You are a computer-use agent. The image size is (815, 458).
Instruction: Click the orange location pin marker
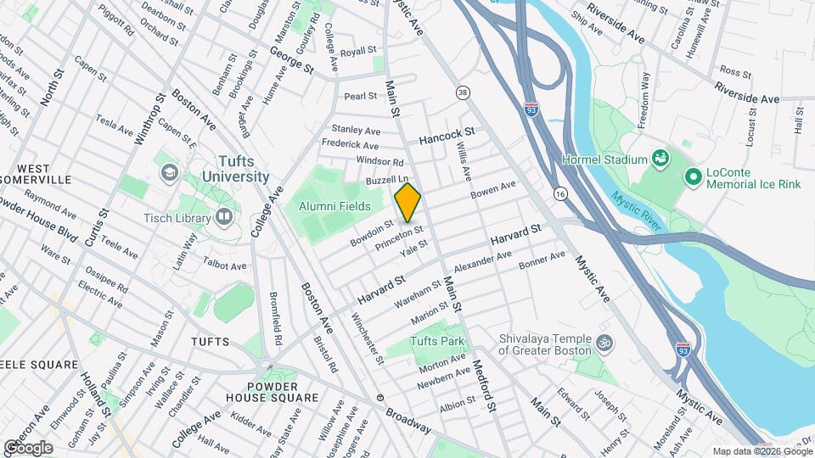[x=408, y=202]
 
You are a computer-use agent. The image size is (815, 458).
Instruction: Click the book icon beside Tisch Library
[x=224, y=216]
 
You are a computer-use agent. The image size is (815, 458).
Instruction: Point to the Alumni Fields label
[x=334, y=205]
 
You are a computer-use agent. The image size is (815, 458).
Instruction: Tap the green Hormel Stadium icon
[x=659, y=159]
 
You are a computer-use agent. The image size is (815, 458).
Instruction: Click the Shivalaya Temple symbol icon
[x=604, y=343]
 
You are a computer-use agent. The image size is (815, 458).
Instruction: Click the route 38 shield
[x=463, y=92]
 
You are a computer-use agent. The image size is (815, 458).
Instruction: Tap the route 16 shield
[x=560, y=194]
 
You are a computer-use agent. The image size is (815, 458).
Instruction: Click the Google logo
[x=28, y=447]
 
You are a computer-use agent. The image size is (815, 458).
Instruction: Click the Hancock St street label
[x=447, y=135]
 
